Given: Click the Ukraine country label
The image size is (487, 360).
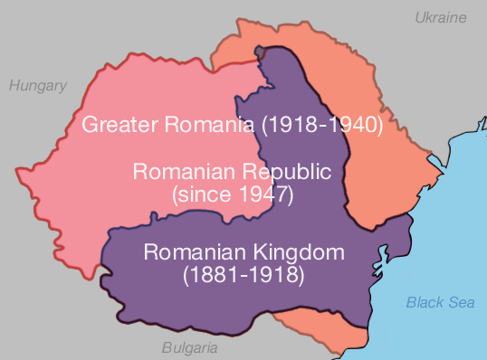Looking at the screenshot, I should tap(440, 17).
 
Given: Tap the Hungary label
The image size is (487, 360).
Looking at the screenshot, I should tap(38, 86).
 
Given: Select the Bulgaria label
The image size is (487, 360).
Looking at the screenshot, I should tap(189, 347).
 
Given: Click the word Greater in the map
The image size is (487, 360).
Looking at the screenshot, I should tap(116, 125).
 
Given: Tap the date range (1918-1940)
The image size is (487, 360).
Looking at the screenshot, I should tap(322, 125).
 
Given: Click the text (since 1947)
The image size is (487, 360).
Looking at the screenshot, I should tap(232, 192).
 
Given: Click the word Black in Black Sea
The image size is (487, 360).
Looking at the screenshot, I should tap(424, 302).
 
